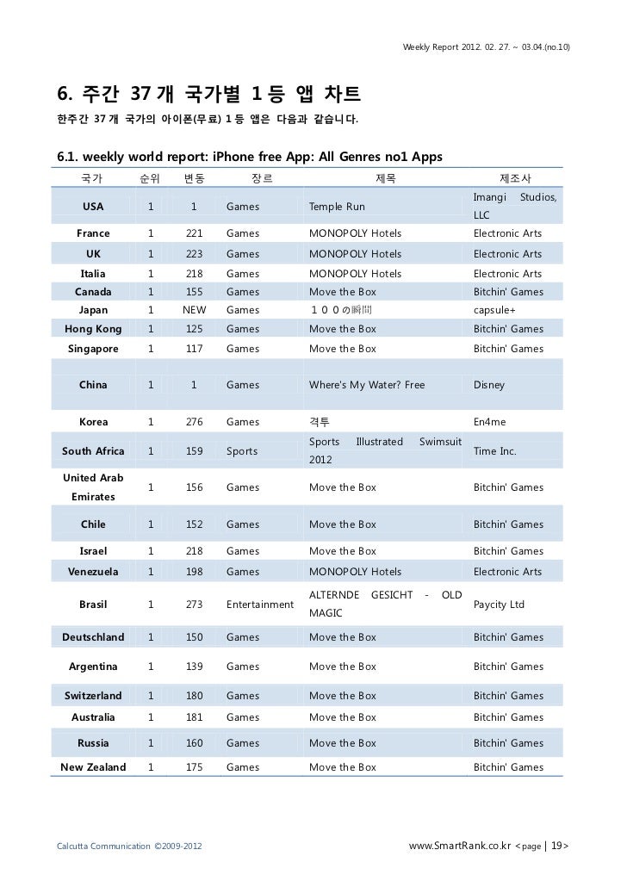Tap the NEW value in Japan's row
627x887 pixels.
point(194,310)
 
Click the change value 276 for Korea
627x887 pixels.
point(194,422)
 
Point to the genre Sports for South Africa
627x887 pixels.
point(241,451)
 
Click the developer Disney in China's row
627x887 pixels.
point(489,385)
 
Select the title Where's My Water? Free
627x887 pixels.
point(367,385)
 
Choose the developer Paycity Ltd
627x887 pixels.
point(499,605)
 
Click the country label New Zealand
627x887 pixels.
point(93,767)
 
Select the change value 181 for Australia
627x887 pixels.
point(194,717)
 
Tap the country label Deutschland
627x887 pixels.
point(93,637)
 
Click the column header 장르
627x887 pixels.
point(261,178)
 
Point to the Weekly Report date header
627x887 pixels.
point(485,45)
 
